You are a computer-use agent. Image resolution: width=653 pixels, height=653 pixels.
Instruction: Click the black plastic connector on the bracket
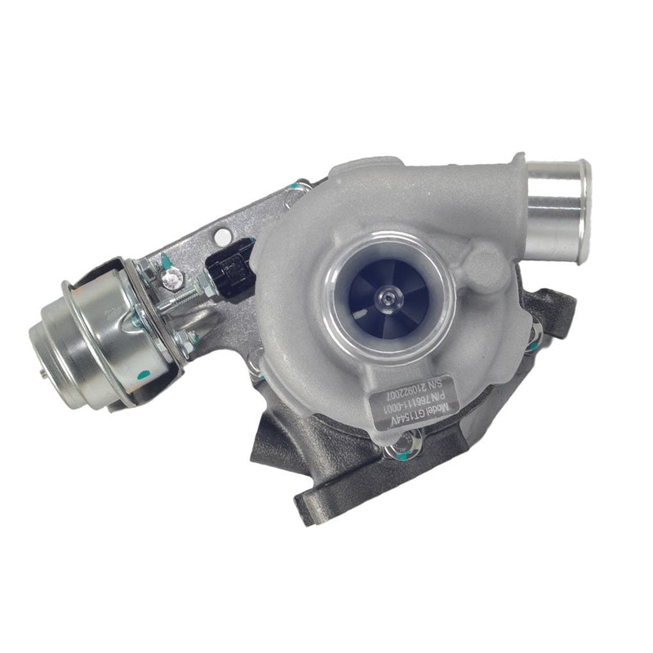pos(226,269)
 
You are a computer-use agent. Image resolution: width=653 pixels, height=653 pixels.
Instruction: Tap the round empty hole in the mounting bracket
pos(223,237)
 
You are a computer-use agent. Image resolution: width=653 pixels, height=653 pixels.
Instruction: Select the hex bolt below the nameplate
pos(406,445)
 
